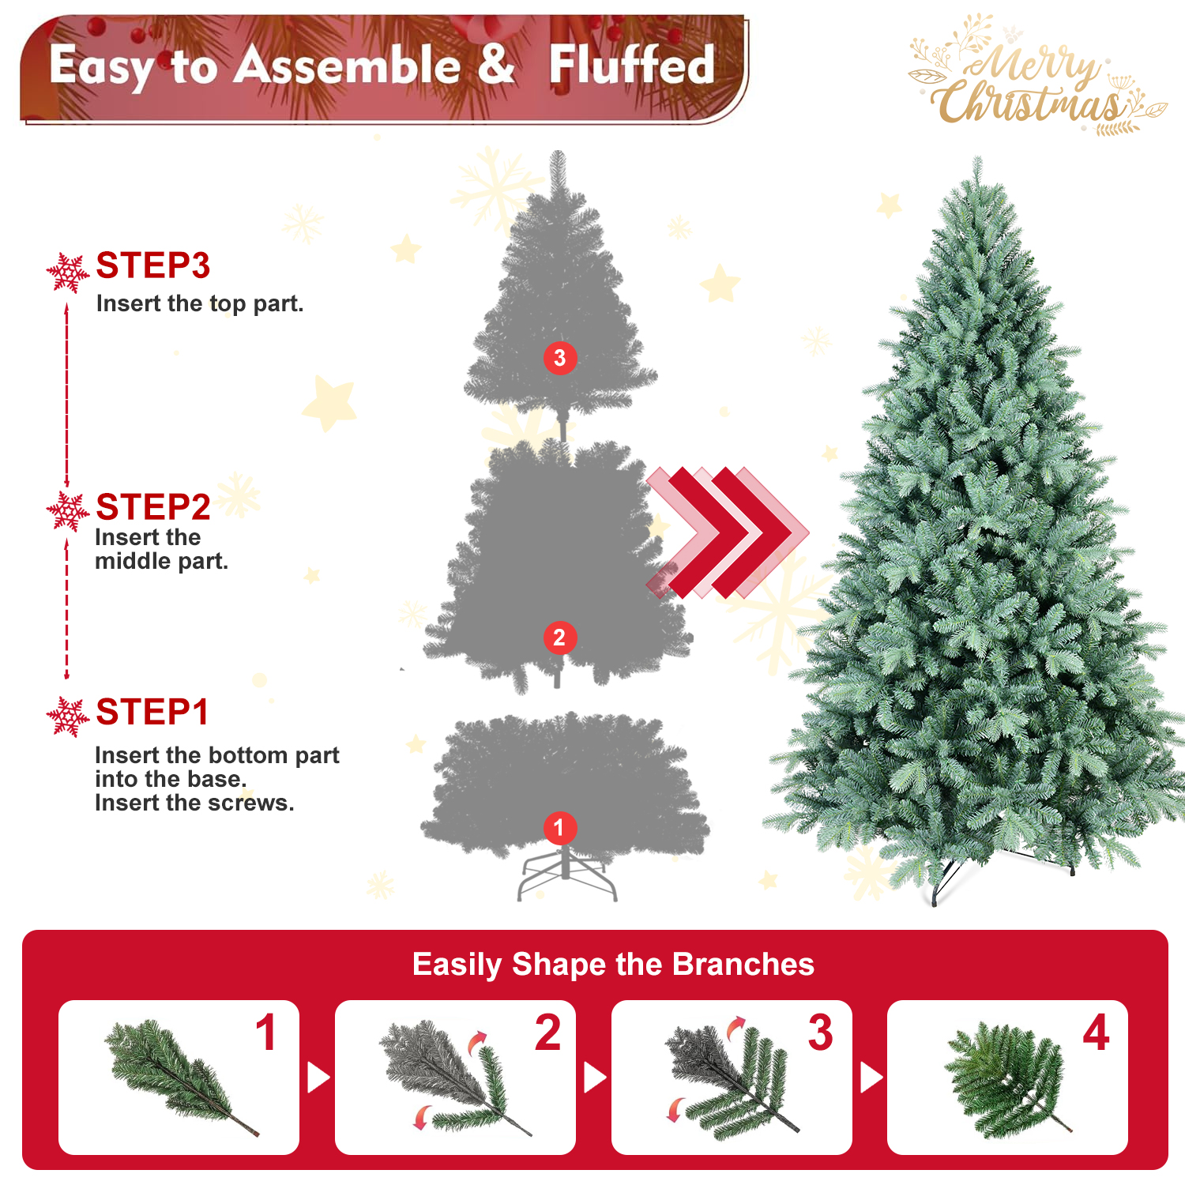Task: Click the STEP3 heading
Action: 153,266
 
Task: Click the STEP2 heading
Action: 153,507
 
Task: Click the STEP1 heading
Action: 152,713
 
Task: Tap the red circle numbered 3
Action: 560,358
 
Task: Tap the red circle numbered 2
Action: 559,638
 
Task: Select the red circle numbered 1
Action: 559,828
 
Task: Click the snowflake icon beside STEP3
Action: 68,273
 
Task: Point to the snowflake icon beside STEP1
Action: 68,717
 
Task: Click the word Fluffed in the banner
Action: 632,65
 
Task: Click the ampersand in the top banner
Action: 496,64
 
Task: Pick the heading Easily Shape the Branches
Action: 613,965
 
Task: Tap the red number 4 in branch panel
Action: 1096,1033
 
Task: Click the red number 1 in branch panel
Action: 266,1033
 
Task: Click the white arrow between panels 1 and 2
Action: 318,1078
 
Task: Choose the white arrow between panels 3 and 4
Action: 871,1078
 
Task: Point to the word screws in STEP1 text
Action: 256,803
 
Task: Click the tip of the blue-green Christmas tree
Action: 978,157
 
